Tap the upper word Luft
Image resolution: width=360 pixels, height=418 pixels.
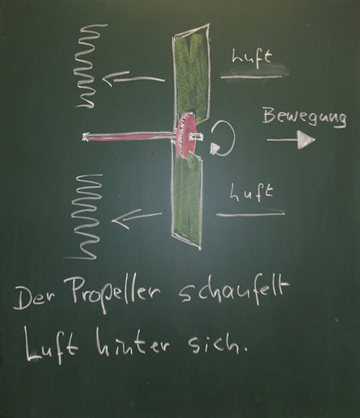point(252,57)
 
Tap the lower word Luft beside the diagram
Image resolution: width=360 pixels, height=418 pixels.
point(251,192)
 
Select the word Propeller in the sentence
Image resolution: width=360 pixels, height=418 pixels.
point(116,295)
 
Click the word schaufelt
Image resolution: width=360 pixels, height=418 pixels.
point(234,293)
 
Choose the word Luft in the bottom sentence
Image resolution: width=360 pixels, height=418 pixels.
point(50,346)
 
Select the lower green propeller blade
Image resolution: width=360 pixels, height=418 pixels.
point(187,201)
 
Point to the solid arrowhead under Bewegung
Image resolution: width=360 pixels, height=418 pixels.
point(306,139)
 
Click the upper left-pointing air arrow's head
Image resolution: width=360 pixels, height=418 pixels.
point(110,78)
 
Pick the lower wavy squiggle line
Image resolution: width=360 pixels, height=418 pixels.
point(85,216)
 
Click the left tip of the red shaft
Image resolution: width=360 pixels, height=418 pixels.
point(85,137)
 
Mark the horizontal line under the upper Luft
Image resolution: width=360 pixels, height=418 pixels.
point(251,77)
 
